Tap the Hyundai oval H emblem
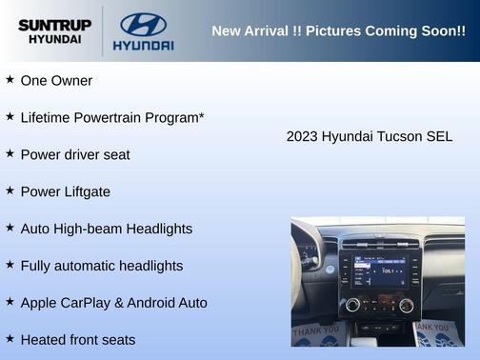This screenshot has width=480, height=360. point(143,24)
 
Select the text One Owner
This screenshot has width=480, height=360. point(56,81)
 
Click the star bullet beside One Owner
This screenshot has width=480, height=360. point(10,80)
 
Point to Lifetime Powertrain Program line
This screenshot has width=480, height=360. point(112,117)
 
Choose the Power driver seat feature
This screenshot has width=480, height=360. point(75,154)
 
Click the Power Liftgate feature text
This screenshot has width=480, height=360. point(65,191)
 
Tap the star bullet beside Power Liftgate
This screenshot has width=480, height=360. point(10,190)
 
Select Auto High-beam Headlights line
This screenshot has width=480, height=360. point(106,229)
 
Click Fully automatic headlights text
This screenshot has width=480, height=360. point(102,266)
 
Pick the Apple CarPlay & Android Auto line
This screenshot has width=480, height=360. point(113,303)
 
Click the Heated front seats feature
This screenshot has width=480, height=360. point(78,340)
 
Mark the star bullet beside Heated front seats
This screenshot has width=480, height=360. point(10,339)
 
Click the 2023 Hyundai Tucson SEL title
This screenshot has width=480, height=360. point(370,136)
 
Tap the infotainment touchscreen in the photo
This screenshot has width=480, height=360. point(374,270)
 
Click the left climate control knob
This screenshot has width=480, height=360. point(352,305)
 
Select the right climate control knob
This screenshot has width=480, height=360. point(407,305)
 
